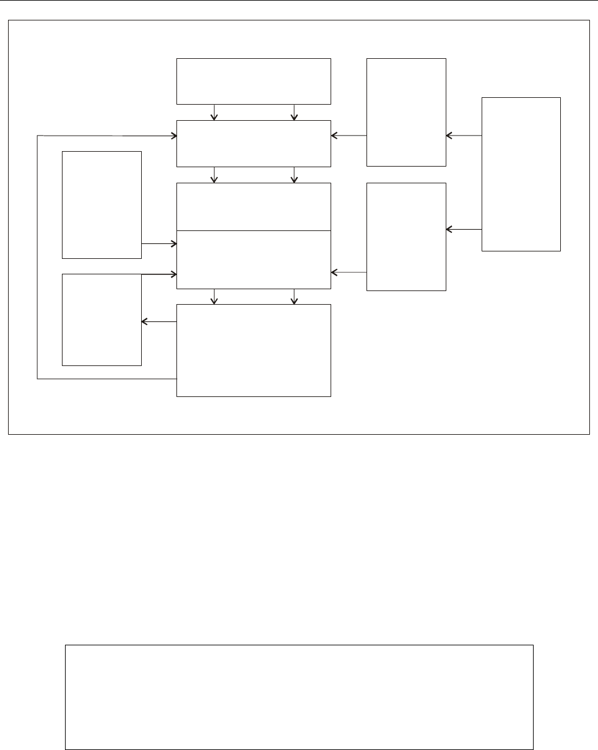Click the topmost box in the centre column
(x=254, y=81)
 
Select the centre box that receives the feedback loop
(x=254, y=143)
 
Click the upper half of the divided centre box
(x=254, y=206)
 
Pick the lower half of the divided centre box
(x=254, y=259)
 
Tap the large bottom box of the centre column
(x=254, y=350)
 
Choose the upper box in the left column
(x=102, y=204)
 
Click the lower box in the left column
(x=102, y=320)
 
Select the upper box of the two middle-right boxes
(x=406, y=112)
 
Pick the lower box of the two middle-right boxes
(x=406, y=237)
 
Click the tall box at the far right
(x=521, y=174)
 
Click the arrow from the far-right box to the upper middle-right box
(x=464, y=135)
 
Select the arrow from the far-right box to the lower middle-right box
(x=464, y=229)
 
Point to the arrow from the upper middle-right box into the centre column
(x=349, y=135)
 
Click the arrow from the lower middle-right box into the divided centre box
(x=349, y=272)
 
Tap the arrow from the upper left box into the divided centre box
(x=159, y=243)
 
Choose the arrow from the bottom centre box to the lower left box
(x=159, y=321)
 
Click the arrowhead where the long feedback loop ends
(x=173, y=135)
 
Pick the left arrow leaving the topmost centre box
(x=214, y=112)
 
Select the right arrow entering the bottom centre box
(x=294, y=297)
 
